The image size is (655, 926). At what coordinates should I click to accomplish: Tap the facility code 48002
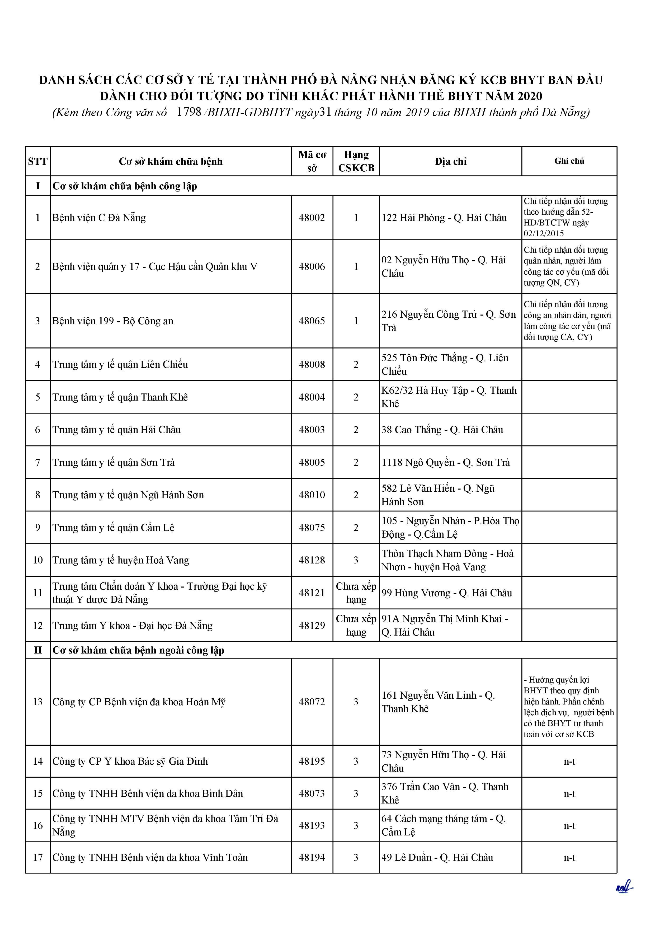coord(312,218)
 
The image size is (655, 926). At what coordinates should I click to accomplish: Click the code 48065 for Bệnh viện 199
coord(312,321)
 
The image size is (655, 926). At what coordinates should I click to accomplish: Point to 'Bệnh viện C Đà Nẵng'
coord(99,218)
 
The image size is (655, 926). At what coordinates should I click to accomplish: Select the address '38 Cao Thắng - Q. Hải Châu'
coord(442,430)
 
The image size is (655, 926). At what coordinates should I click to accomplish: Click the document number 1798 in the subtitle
coord(189,112)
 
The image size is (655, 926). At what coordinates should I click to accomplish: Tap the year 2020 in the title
coord(530,96)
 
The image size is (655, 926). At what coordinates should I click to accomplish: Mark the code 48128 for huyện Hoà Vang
coord(312,560)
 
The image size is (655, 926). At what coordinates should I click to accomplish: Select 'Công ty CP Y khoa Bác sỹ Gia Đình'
coord(130,762)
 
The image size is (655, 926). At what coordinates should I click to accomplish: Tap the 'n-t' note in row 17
coord(569,857)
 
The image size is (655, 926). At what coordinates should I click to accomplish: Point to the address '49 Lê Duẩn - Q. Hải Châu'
coord(437,857)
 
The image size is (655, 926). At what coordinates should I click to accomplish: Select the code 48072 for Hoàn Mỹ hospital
coord(312,702)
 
